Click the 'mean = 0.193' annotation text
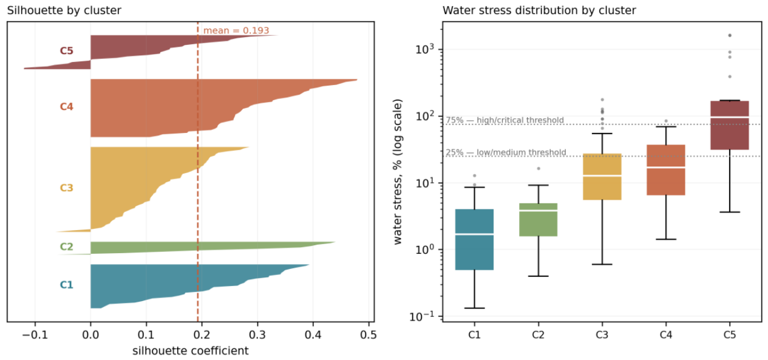pos(236,30)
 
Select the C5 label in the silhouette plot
pos(67,51)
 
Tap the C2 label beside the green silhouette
pos(67,246)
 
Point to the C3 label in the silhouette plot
pos(67,188)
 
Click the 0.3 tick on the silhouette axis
pos(257,335)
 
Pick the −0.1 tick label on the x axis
pos(35,335)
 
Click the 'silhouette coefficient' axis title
pos(191,351)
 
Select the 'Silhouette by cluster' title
pos(64,10)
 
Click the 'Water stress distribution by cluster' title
pos(539,10)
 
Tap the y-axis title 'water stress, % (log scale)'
pos(398,172)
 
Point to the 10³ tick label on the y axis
pos(425,49)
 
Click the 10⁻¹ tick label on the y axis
pos(422,316)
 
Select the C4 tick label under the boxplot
pos(666,335)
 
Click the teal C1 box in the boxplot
pos(475,240)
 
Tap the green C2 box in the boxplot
pos(539,220)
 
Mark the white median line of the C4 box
pos(666,168)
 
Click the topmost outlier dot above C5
pos(730,35)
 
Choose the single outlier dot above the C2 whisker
pos(539,169)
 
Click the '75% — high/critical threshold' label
pos(505,120)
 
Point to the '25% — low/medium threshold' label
pos(506,152)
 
